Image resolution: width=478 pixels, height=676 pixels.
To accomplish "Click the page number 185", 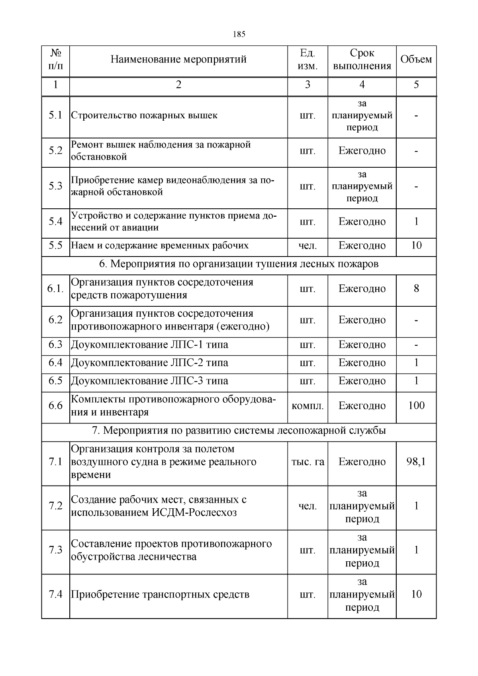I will (x=239, y=34).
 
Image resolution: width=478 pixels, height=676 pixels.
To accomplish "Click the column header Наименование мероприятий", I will (x=178, y=60).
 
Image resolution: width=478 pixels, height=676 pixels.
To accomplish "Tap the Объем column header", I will (x=416, y=60).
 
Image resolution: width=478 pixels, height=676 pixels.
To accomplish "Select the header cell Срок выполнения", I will (x=362, y=60).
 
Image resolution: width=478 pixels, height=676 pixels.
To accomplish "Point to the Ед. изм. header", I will (x=308, y=60).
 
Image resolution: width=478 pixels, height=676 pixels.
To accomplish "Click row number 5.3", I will (x=56, y=186).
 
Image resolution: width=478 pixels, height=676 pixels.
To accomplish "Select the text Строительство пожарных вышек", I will (x=144, y=116).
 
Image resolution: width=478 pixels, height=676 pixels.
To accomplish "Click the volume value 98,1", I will (x=416, y=462).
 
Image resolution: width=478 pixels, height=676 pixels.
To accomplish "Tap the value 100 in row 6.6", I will (x=416, y=406).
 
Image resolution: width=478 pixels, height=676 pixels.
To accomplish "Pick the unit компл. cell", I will (x=308, y=406).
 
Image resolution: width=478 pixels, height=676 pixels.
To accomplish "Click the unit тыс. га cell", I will (x=308, y=462).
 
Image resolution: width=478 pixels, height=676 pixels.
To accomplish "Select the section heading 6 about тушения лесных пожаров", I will (x=239, y=264).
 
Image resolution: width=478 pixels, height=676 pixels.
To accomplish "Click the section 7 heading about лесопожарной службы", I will (x=239, y=431).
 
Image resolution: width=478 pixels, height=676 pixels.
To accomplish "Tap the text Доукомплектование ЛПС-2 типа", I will (x=149, y=363).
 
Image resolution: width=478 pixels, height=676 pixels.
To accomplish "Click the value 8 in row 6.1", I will (x=416, y=288).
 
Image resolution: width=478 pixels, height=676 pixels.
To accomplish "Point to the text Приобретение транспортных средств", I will (x=160, y=595).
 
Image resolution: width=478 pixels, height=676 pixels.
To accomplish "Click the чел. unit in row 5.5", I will (x=308, y=246).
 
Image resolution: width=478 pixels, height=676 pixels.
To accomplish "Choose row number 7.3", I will (x=56, y=550).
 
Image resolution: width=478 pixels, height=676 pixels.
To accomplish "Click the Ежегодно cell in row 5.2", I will (x=362, y=151).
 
